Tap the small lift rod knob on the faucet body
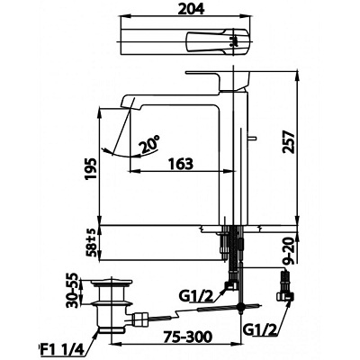pyautogui.click(x=254, y=137)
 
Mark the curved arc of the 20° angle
pyautogui.click(x=118, y=149)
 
